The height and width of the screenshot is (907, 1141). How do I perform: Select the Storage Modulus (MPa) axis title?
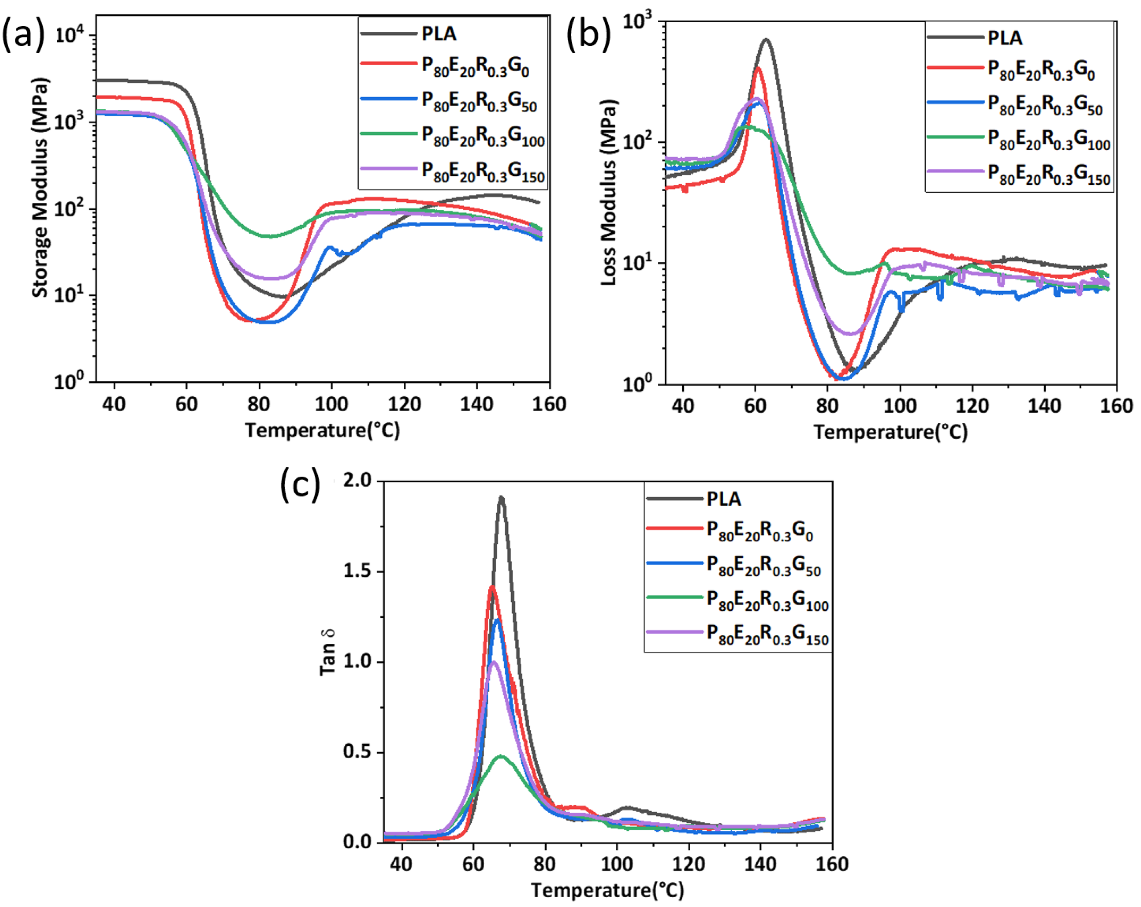(x=41, y=188)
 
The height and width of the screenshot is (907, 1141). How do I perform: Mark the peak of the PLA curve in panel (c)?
(x=501, y=498)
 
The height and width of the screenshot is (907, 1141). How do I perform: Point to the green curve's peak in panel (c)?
(x=501, y=756)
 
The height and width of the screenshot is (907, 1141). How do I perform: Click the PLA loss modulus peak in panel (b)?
(x=765, y=40)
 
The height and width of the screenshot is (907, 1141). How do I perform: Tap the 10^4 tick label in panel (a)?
(x=69, y=36)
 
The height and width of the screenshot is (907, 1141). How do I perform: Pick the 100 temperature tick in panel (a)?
(x=331, y=404)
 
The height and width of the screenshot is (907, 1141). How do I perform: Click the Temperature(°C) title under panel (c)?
(x=607, y=890)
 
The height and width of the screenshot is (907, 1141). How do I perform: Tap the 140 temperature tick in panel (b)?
(x=1044, y=406)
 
